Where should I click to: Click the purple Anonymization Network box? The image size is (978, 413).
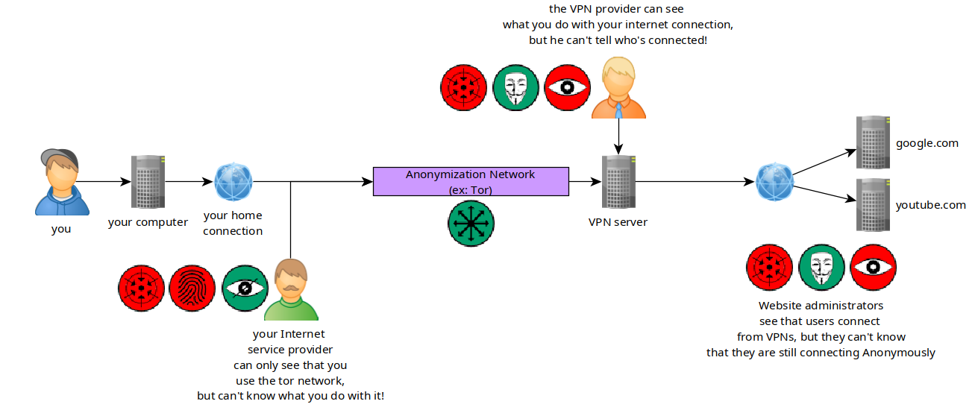coord(471,181)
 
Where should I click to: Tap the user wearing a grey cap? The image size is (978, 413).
coord(62,182)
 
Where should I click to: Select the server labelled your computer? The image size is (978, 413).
coord(148,181)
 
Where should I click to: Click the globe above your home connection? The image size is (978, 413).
coord(233,181)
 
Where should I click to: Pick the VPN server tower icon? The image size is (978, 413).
coord(618,181)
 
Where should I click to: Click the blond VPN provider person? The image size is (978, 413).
coord(618,88)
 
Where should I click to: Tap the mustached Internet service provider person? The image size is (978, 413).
coord(291,289)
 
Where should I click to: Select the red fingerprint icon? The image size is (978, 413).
coord(192,289)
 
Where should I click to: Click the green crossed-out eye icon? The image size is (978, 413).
coord(245,289)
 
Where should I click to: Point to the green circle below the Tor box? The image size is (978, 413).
coord(471,224)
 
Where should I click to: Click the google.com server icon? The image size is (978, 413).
coord(873,142)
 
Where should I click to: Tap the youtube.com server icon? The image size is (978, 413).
coord(873,205)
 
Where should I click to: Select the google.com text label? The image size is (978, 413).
coord(927,143)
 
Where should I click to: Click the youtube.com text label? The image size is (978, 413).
coord(930,205)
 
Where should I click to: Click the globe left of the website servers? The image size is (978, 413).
coord(774,181)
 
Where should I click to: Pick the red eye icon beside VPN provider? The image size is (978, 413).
coord(567,88)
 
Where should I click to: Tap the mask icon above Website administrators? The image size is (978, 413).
coord(821,268)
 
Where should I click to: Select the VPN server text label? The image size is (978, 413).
coord(618,222)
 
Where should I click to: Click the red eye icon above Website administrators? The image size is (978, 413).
coord(874,268)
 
